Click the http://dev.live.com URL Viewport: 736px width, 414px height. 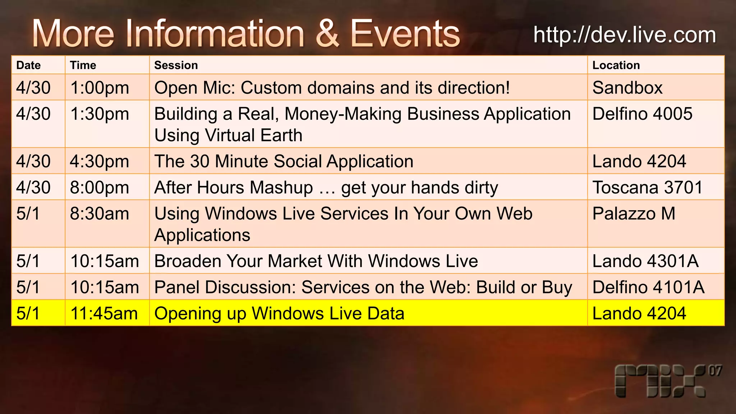point(625,35)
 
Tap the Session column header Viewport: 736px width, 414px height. point(176,65)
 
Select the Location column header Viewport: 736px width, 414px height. point(616,65)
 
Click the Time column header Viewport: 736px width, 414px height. point(83,65)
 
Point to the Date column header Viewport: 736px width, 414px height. point(28,65)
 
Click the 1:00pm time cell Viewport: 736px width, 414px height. point(100,88)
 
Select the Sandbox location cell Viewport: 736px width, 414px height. point(627,88)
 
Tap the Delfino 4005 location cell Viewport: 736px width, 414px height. point(642,114)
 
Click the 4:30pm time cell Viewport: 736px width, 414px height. point(100,161)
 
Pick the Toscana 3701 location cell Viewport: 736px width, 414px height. point(647,188)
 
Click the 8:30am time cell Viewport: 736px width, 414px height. point(100,214)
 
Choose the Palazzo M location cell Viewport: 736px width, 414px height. point(634,214)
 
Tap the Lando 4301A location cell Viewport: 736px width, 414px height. point(645,261)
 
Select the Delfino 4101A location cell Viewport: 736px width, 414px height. point(648,287)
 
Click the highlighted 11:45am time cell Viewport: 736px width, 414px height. point(104,313)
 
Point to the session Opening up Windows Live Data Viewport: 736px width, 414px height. point(279,313)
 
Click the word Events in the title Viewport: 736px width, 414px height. point(405,34)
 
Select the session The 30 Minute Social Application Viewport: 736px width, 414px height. point(284,161)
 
